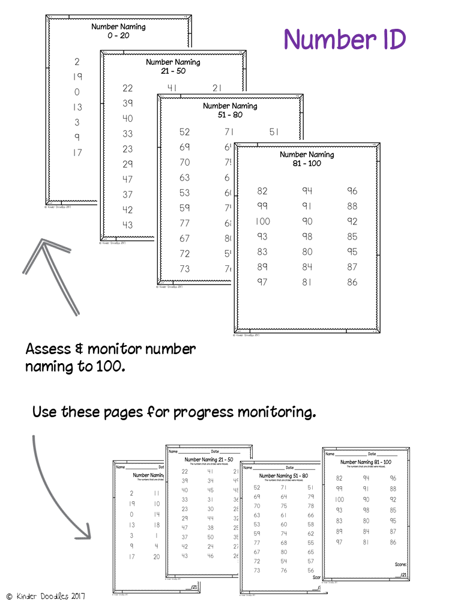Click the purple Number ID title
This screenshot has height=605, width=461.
[x=345, y=40]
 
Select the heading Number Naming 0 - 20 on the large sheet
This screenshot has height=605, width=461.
[x=118, y=31]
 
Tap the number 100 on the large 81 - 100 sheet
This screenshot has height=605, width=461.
[x=262, y=221]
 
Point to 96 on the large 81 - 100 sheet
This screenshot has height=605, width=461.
[x=352, y=191]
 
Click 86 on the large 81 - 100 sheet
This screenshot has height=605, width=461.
[x=352, y=282]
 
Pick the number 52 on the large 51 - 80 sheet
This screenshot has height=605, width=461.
[x=184, y=132]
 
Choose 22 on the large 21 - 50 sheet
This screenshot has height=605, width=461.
[x=127, y=88]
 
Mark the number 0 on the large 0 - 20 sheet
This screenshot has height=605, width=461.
[x=77, y=92]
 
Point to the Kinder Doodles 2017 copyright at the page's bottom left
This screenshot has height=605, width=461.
[x=45, y=596]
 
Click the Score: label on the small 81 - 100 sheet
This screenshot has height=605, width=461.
[x=402, y=564]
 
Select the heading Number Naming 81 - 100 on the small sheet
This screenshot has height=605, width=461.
[x=366, y=462]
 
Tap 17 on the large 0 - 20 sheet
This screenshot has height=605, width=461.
[x=77, y=153]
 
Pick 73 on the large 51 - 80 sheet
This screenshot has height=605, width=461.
[x=184, y=269]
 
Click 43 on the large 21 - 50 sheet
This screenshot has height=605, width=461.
[x=127, y=225]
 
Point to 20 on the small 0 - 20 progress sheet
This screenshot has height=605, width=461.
[x=157, y=556]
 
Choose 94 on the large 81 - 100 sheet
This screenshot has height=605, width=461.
[x=307, y=191]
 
